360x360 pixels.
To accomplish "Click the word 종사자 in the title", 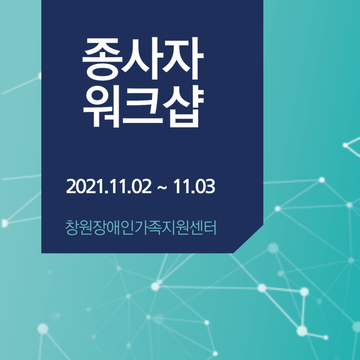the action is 143,59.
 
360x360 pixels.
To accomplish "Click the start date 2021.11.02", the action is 109,186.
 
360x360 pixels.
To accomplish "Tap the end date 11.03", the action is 194,186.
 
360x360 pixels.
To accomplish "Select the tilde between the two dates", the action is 162,187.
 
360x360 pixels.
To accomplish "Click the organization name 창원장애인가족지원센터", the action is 141,227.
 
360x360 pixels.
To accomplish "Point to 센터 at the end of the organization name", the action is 203,227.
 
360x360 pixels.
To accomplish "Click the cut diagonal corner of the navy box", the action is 248,239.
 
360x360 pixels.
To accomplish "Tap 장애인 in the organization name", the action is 114,227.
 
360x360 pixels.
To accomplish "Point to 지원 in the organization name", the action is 175,227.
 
